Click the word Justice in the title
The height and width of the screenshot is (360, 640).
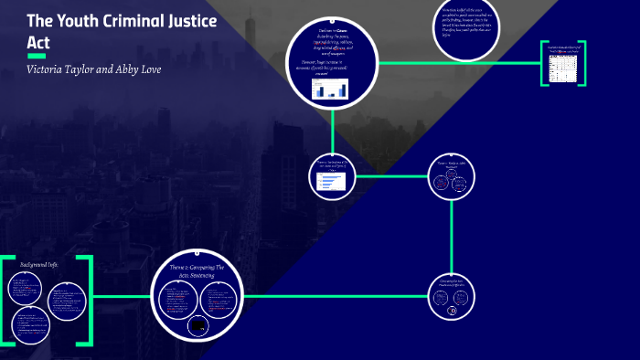[x=187, y=21]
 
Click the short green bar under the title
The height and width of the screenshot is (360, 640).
[x=37, y=57]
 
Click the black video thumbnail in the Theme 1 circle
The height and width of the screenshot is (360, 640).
[x=197, y=325]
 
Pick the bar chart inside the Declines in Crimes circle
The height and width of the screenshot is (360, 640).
[x=331, y=89]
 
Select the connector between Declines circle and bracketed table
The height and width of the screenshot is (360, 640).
[x=457, y=63]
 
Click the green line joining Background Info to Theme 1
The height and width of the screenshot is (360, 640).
[x=121, y=296]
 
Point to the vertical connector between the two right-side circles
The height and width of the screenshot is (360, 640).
[x=453, y=237]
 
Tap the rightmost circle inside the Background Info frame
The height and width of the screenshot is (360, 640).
[x=67, y=300]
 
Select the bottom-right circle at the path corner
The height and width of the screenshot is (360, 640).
[x=452, y=297]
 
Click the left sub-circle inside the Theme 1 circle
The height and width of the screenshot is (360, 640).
[x=176, y=298]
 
